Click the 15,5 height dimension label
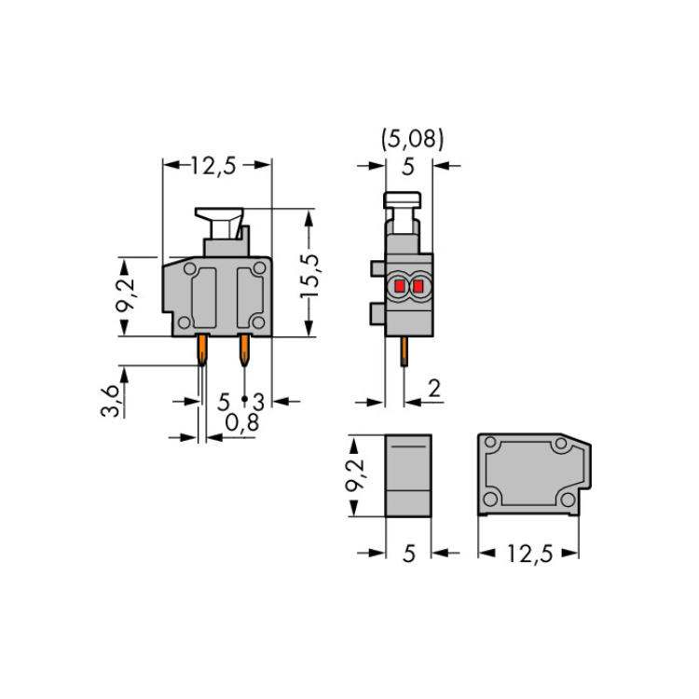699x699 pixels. [309, 276]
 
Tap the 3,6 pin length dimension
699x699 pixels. [110, 401]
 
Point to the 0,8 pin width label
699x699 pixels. [242, 422]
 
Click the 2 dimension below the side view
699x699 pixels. [433, 389]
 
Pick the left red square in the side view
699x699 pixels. [400, 286]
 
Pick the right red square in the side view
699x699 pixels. [418, 286]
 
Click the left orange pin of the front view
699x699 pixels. [202, 349]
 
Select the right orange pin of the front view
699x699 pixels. [244, 349]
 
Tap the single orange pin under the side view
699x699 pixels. [404, 351]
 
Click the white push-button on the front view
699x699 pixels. [220, 223]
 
